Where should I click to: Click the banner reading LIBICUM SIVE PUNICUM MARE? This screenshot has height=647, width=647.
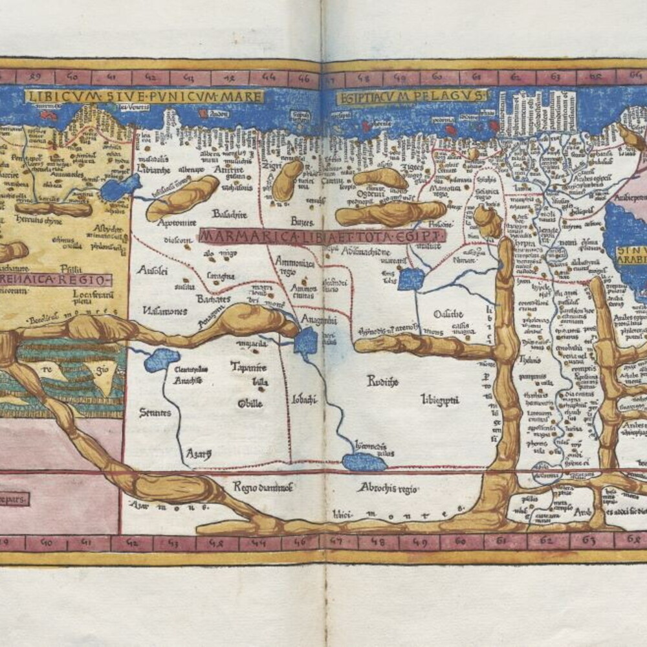pos(144,97)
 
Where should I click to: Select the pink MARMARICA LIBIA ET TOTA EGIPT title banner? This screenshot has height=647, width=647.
pos(322,236)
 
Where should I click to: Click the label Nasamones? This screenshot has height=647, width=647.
pos(166,311)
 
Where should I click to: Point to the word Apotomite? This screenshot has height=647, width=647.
pos(177,222)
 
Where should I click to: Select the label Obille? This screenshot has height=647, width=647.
pos(250,404)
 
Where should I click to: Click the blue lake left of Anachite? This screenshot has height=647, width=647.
pos(161,359)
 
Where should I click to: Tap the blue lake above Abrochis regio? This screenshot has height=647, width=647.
pos(364,461)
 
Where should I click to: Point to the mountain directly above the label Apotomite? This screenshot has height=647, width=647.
pos(182,197)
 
